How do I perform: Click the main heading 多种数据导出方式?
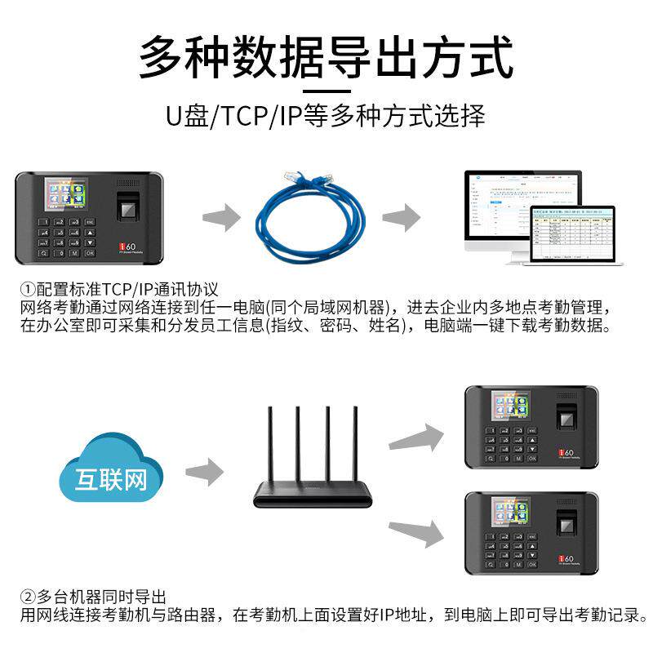(326, 55)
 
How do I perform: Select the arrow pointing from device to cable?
(222, 217)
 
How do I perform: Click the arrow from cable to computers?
(401, 217)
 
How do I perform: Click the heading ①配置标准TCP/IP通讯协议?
(120, 290)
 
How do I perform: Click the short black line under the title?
(326, 91)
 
